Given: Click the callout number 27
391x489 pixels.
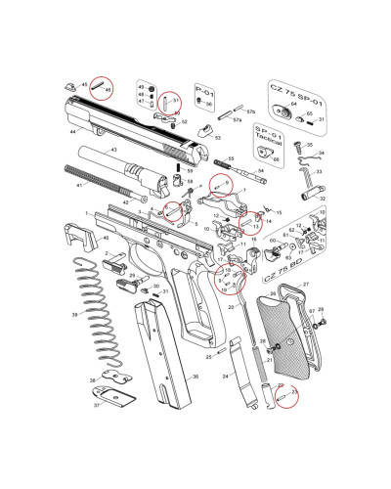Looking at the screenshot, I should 305,284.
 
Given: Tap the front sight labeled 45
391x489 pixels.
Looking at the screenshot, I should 71,85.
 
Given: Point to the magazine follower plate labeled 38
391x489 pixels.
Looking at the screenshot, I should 114,377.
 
